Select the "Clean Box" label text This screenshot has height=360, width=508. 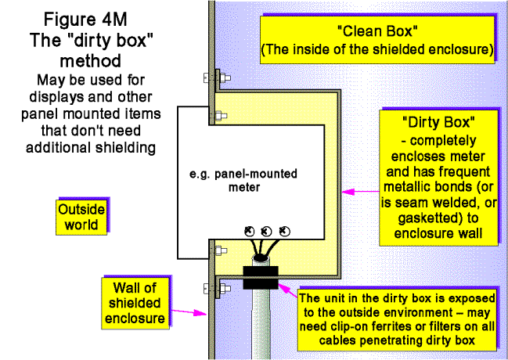pyautogui.click(x=376, y=34)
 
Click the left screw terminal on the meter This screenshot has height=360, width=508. pyautogui.click(x=249, y=232)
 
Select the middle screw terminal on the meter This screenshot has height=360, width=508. pyautogui.click(x=266, y=232)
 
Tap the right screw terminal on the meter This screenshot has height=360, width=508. pyautogui.click(x=283, y=232)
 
